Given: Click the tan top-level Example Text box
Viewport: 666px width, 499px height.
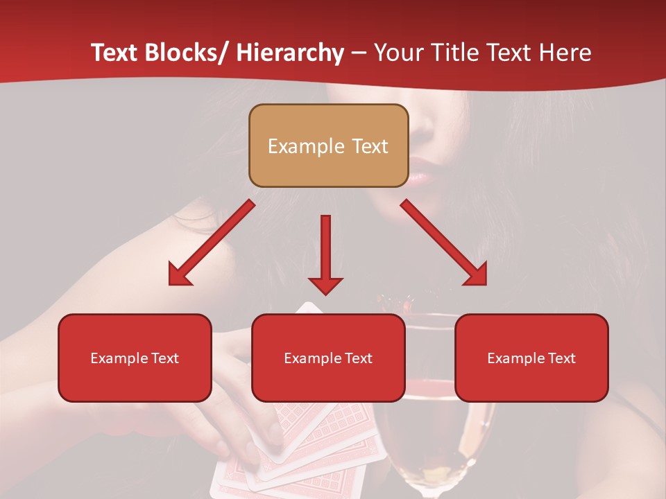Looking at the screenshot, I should point(328,146).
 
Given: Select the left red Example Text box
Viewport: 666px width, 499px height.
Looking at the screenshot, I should point(135,358).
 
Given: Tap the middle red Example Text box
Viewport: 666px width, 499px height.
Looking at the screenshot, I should point(328,358).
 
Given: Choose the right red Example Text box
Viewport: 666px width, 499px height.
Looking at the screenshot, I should point(531,358).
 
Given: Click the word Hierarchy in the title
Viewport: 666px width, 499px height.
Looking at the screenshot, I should point(290,53).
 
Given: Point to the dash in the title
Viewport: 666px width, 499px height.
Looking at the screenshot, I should point(358,53).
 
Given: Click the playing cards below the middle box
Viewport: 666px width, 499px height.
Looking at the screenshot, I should point(305,444).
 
